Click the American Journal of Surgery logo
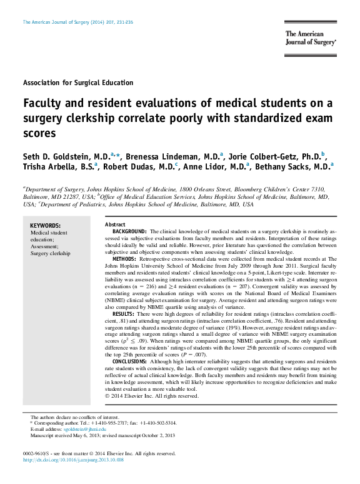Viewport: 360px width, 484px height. pyautogui.click(x=310, y=39)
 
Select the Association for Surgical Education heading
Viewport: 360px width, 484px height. pyautogui.click(x=77, y=83)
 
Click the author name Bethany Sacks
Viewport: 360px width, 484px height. pyautogui.click(x=293, y=168)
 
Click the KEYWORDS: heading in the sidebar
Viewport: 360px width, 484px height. pyautogui.click(x=46, y=226)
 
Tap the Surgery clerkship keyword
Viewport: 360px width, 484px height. pyautogui.click(x=51, y=253)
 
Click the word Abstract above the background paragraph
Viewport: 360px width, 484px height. pyautogui.click(x=115, y=224)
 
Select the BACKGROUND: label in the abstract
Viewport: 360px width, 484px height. pyautogui.click(x=129, y=231)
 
